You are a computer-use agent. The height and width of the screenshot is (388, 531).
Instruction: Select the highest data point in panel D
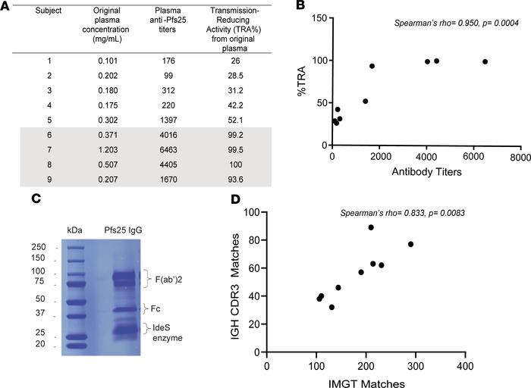371,227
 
